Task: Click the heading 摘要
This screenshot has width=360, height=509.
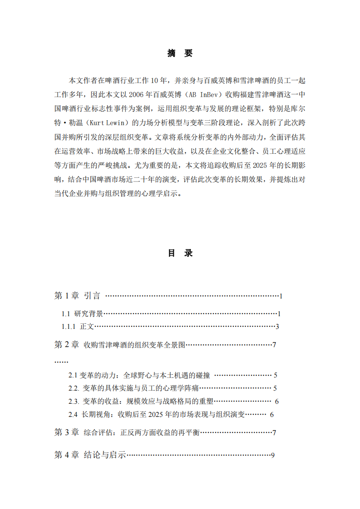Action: (x=180, y=54)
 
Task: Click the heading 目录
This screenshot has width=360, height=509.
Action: (x=180, y=253)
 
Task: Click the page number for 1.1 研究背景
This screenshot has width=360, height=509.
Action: (x=280, y=313)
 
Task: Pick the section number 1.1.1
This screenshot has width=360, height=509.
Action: (x=69, y=327)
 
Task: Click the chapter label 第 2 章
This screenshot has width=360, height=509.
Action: (x=67, y=345)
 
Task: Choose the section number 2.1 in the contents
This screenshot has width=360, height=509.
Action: (x=73, y=376)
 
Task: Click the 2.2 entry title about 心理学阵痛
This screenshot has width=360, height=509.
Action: (x=141, y=388)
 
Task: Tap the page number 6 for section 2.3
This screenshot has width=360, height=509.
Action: (x=277, y=401)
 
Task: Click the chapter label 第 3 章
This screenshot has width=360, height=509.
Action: (x=67, y=432)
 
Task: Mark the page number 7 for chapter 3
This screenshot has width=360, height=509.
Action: (x=274, y=433)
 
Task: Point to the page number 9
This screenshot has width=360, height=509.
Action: (x=272, y=455)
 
